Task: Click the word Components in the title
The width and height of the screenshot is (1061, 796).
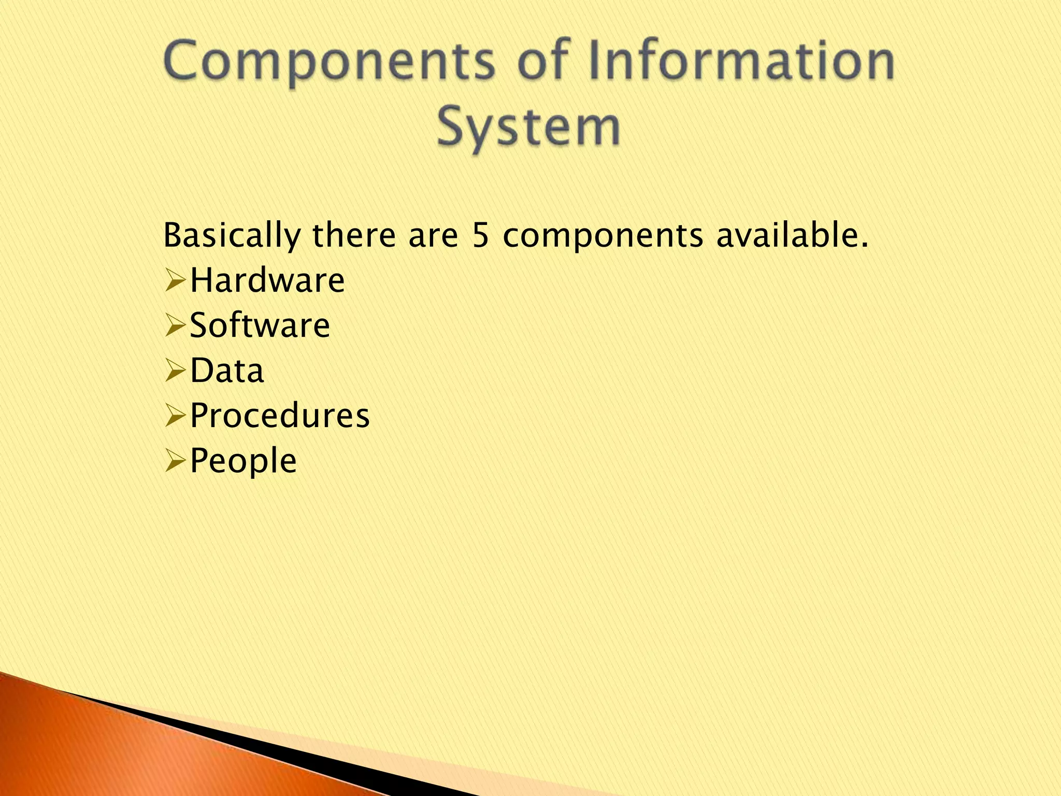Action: pyautogui.click(x=328, y=62)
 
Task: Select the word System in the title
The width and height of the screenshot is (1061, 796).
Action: pyautogui.click(x=528, y=126)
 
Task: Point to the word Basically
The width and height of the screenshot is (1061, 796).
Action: pyautogui.click(x=232, y=236)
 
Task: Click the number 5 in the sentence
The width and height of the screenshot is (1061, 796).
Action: pyautogui.click(x=481, y=235)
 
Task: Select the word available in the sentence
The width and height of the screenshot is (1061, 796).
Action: pyautogui.click(x=792, y=235)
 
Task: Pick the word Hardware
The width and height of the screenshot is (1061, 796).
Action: pyautogui.click(x=267, y=280)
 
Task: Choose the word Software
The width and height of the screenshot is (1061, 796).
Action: pyautogui.click(x=260, y=325)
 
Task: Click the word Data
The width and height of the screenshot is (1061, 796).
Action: pyautogui.click(x=227, y=371)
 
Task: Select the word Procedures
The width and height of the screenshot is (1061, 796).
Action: pyautogui.click(x=280, y=416)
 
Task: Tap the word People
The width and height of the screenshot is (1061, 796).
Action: pyautogui.click(x=243, y=461)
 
